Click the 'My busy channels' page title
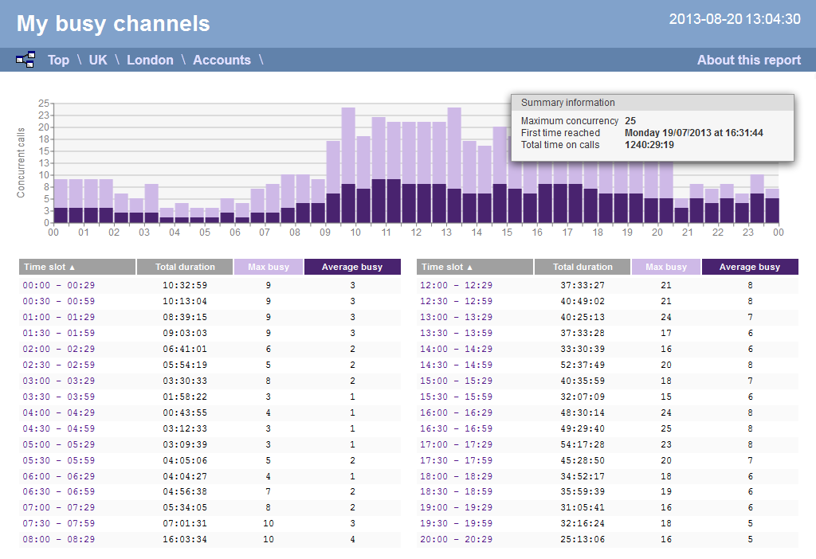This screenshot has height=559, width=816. pos(113,24)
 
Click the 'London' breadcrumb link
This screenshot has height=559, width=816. pos(150,60)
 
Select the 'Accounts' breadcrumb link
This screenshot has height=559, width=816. pos(222,60)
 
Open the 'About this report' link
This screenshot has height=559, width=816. pos(748,60)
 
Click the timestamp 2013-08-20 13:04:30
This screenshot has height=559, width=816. pos(735,19)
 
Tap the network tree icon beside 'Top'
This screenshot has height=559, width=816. pos(25,60)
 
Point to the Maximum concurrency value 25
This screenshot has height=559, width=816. pos(630,121)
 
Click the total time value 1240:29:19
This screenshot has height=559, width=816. pos(649,145)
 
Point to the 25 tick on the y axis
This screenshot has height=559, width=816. pos(45,104)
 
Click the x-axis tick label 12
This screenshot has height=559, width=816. pos(416,233)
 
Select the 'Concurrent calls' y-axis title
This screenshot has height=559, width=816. pos(22,162)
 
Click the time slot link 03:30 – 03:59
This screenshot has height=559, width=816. pos(59,397)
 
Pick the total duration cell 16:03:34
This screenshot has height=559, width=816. pos(185,540)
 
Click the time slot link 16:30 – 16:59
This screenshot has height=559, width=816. pos(457,428)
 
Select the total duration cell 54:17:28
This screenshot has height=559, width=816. pos(583,444)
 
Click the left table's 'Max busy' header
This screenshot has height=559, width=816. pos(268,267)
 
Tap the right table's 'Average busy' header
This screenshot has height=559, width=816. pos(749,267)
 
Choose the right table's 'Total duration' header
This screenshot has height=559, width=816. pos(583,267)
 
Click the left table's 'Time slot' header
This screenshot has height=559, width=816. pos(76,267)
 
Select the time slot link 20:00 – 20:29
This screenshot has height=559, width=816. pos(457,540)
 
